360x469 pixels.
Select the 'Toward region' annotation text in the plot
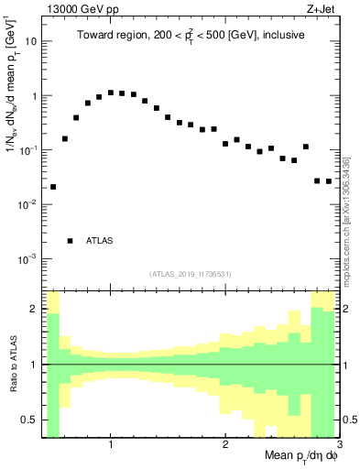[191, 36]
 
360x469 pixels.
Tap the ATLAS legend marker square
[71, 241]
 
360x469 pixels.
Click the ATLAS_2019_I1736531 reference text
[191, 274]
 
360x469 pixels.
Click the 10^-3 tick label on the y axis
[27, 259]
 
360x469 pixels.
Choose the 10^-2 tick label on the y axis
[27, 204]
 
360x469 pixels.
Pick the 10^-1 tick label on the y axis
[27, 150]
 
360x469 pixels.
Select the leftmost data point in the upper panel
[53, 187]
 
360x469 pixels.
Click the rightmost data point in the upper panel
[329, 181]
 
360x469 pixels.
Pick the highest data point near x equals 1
[111, 93]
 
